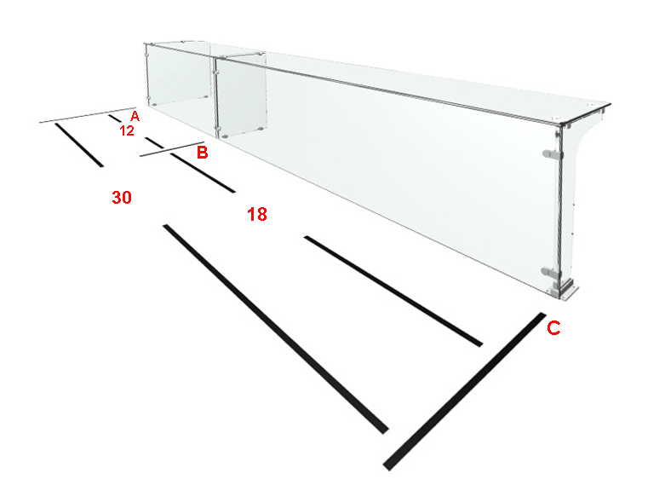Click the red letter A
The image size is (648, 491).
click(135, 116)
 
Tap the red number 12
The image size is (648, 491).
click(127, 130)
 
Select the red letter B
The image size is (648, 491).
click(202, 152)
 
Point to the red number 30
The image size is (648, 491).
click(122, 197)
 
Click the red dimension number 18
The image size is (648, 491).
click(257, 214)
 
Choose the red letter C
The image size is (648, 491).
click(553, 327)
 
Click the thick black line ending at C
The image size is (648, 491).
click(464, 391)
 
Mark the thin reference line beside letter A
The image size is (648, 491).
click(88, 115)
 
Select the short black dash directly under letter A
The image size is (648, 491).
click(115, 118)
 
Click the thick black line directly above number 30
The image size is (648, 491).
click(79, 145)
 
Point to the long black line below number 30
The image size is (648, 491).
click(276, 329)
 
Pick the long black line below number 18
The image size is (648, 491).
click(393, 292)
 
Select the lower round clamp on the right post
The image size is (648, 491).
click(550, 272)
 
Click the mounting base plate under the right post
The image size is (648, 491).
click(565, 291)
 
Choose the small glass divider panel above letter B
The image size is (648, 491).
click(241, 95)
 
